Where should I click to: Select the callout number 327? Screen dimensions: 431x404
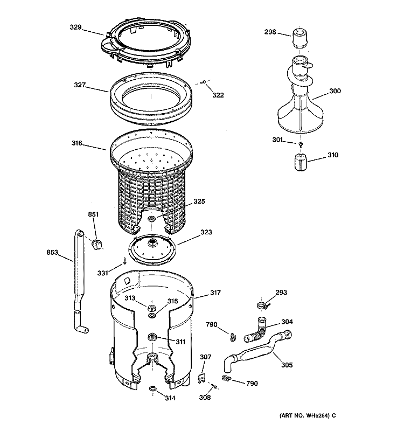[x=81, y=85]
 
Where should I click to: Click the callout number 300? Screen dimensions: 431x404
[x=335, y=91]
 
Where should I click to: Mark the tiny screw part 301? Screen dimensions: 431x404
[x=301, y=144]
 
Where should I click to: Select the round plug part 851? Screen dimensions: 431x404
[x=98, y=245]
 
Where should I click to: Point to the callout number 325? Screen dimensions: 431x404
[x=199, y=201]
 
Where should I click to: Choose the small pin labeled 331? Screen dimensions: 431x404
[x=125, y=262]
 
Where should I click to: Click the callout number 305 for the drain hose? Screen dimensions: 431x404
[x=287, y=365]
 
